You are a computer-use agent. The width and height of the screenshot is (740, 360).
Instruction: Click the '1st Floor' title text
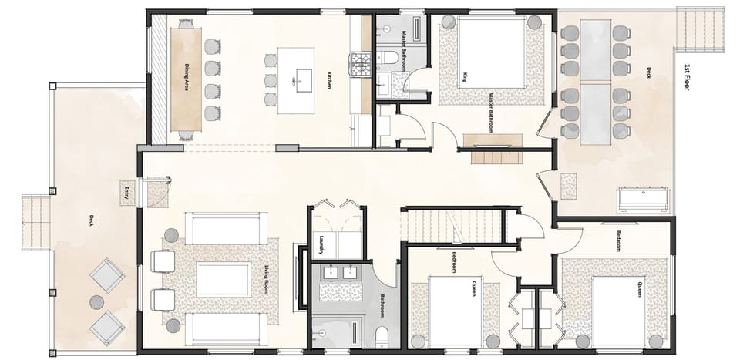click(685, 77)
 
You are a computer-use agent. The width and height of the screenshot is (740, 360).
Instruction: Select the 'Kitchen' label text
click(329, 79)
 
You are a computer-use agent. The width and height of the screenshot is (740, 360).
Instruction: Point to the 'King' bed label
click(465, 78)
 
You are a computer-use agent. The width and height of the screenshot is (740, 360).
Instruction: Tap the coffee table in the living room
click(224, 279)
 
